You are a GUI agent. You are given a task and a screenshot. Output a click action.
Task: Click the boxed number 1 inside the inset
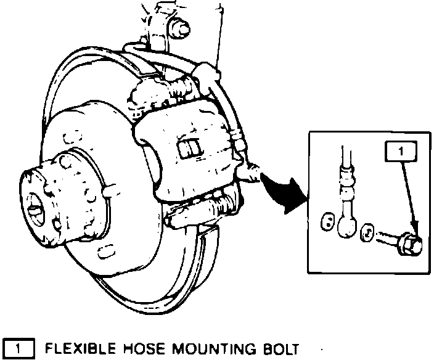(401, 150)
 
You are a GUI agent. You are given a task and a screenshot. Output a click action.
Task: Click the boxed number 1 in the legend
(19, 350)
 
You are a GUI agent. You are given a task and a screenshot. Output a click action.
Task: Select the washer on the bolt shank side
(367, 232)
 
